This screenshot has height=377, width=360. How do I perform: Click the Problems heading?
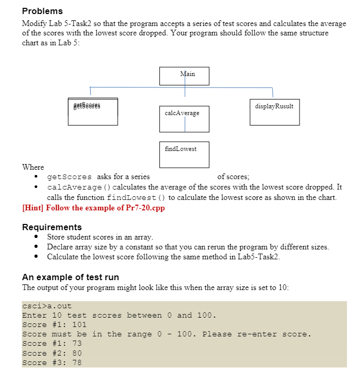tap(42, 11)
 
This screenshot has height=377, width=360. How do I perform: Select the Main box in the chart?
tap(184, 76)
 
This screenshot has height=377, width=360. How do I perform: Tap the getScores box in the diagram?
tap(92, 111)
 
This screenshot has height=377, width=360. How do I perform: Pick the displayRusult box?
tap(274, 111)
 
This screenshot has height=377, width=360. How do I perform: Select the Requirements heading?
tap(52, 227)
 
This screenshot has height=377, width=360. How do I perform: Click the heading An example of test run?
tap(70, 277)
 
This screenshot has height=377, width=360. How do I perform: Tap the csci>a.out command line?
tap(47, 306)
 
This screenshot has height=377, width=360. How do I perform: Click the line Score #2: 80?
tap(52, 353)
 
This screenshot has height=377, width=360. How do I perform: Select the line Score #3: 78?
tap(52, 362)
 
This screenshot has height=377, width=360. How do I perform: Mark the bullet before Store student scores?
tap(35, 237)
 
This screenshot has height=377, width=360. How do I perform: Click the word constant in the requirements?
tap(147, 247)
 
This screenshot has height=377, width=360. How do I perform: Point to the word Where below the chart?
tap(33, 167)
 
